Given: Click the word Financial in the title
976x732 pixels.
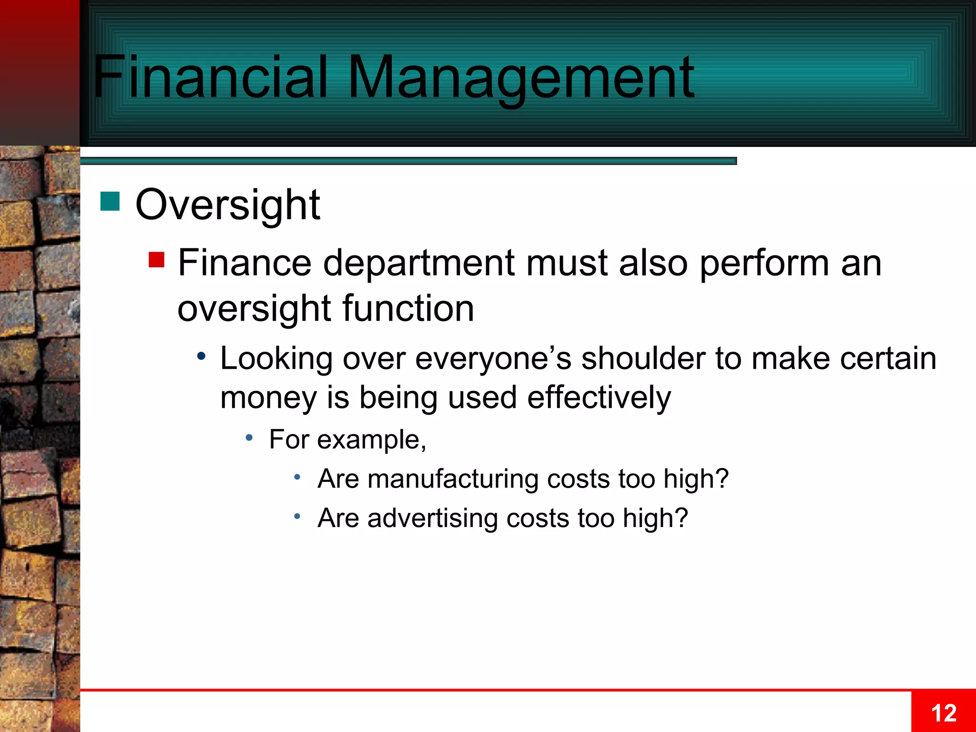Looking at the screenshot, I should tap(210, 77).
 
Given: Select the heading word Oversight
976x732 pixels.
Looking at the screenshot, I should tap(227, 205).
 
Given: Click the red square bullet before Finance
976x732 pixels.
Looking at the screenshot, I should tap(156, 260).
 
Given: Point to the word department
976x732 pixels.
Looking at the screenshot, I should tap(419, 263).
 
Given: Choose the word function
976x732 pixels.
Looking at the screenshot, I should tap(408, 308).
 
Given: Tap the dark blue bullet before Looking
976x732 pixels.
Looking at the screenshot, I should tap(202, 356).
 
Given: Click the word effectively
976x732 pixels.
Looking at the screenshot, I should tap(599, 398).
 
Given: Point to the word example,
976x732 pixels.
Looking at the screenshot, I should tap(372, 440).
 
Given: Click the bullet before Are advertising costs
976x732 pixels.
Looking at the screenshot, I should tap(297, 516).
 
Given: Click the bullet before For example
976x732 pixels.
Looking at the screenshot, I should tap(249, 437).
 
